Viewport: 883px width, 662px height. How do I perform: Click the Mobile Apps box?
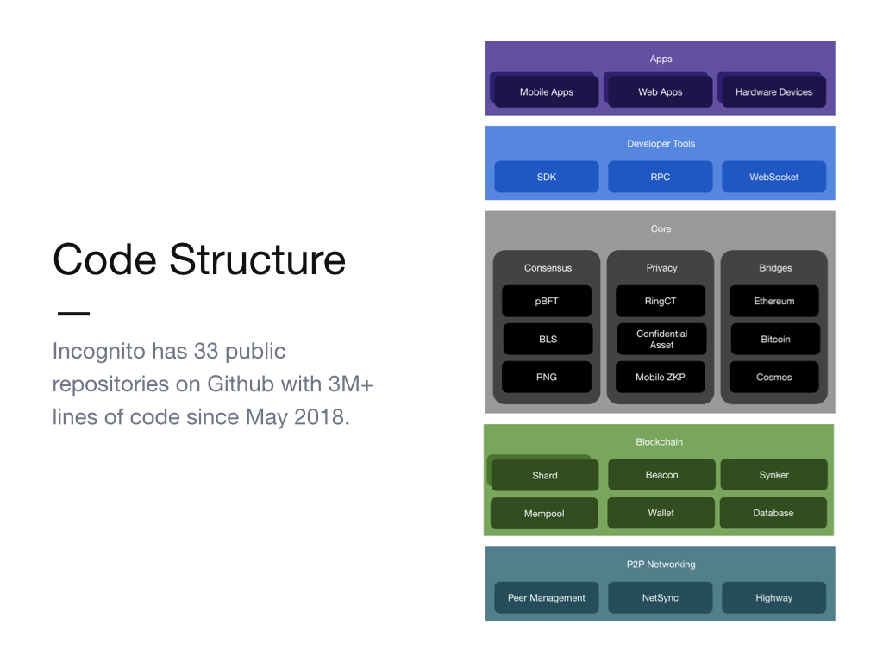(x=546, y=91)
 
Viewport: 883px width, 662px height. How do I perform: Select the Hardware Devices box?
(x=773, y=91)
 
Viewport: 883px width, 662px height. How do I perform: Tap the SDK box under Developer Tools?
(x=546, y=177)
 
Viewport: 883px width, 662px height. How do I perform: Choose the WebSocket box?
(x=773, y=177)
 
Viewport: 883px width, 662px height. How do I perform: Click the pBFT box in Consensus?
(x=546, y=301)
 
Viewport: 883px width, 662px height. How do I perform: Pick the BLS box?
(x=548, y=339)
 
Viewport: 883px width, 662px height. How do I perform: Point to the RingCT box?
(x=661, y=301)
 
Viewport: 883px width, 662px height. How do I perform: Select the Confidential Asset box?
(x=661, y=339)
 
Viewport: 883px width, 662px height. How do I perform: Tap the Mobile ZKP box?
(x=661, y=378)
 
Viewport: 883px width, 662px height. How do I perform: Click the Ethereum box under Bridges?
(x=774, y=301)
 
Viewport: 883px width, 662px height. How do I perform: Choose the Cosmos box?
(x=774, y=378)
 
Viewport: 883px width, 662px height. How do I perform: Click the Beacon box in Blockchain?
(x=661, y=475)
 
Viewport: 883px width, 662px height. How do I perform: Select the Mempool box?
(x=544, y=514)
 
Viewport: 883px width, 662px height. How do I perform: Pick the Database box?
(x=773, y=513)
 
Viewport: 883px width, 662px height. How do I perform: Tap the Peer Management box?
(x=546, y=598)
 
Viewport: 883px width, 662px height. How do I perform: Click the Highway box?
(x=773, y=598)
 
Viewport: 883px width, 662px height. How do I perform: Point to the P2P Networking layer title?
(x=661, y=564)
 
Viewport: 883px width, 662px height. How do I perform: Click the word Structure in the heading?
(x=257, y=259)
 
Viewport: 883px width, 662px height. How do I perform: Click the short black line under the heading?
(x=74, y=314)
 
